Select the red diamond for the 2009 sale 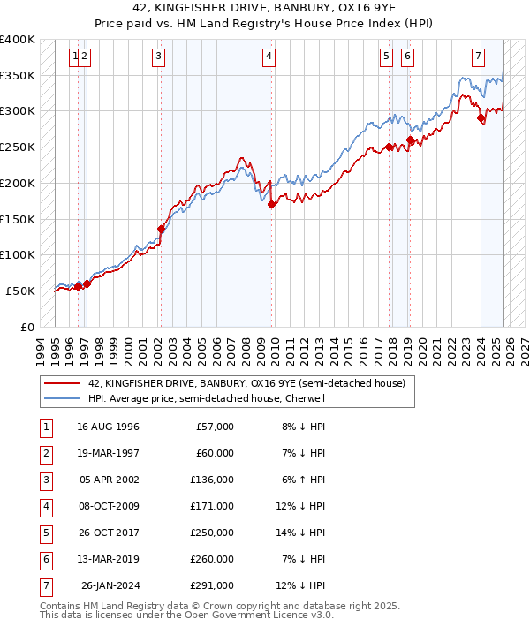click(x=271, y=204)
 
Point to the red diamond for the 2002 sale click(x=161, y=229)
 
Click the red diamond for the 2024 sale click(x=481, y=117)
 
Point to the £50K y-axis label click(x=21, y=291)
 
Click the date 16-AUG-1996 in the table click(x=108, y=427)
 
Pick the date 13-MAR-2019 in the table click(x=108, y=559)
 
